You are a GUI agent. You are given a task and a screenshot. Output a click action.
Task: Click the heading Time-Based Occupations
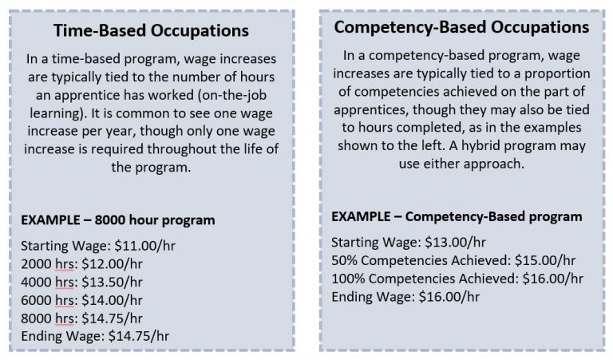[x=151, y=30]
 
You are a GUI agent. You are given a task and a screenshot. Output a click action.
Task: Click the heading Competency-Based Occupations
[x=461, y=27]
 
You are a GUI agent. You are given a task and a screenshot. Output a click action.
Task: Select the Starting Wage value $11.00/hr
[x=119, y=244]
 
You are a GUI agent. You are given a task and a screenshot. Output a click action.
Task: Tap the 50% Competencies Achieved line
[x=453, y=260]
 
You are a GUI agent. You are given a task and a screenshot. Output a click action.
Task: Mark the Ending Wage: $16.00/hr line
[x=405, y=297]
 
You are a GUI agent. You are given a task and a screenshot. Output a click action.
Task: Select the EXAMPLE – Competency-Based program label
[x=456, y=216]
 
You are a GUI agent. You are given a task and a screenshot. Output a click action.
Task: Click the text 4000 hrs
[x=45, y=280]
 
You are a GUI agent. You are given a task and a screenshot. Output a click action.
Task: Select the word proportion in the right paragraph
[x=548, y=74]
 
